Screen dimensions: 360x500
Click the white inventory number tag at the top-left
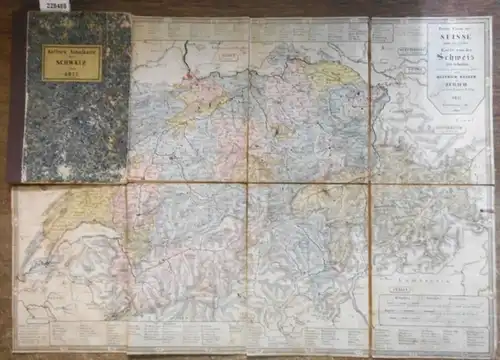15,6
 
